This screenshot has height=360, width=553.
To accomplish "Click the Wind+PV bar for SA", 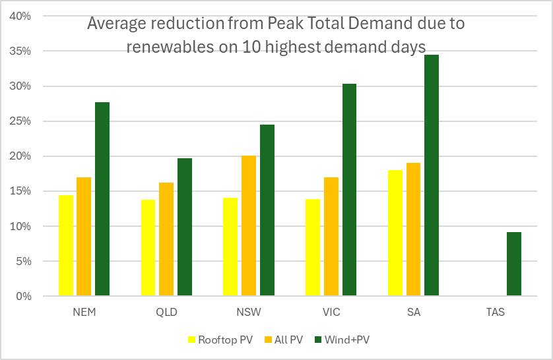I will [x=432, y=175].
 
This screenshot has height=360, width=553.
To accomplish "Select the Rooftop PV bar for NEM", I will [x=66, y=245].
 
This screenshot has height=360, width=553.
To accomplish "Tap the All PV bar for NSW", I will [x=248, y=225].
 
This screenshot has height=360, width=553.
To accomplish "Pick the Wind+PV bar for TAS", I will [x=514, y=264].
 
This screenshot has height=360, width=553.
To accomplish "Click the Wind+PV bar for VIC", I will [x=349, y=190].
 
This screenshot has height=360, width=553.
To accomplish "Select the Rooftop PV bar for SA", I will [x=395, y=233].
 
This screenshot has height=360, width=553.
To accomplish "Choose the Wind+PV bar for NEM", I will [x=102, y=199].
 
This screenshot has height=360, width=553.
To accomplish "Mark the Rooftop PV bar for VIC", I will [x=313, y=247].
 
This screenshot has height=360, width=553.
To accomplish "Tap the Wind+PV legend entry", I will [x=346, y=340].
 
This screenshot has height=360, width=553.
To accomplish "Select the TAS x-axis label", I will [x=496, y=312].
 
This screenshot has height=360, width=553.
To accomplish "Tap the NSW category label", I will [x=249, y=312].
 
